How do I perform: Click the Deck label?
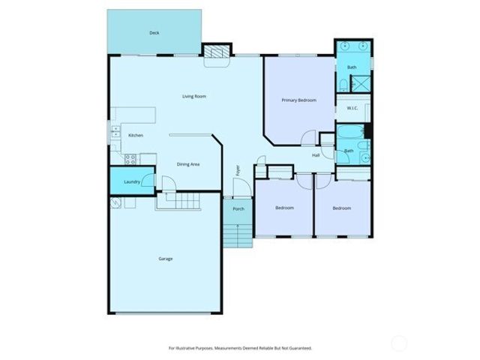[154, 33]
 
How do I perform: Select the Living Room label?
[194, 96]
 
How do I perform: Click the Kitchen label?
[136, 135]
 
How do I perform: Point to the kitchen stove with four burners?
[128, 158]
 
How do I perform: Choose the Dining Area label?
[187, 164]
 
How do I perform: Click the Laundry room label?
[133, 182]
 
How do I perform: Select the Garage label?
[165, 259]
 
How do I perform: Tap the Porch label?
[238, 208]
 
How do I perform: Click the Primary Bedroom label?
[298, 100]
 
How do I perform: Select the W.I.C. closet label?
[352, 109]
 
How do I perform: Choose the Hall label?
[316, 155]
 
